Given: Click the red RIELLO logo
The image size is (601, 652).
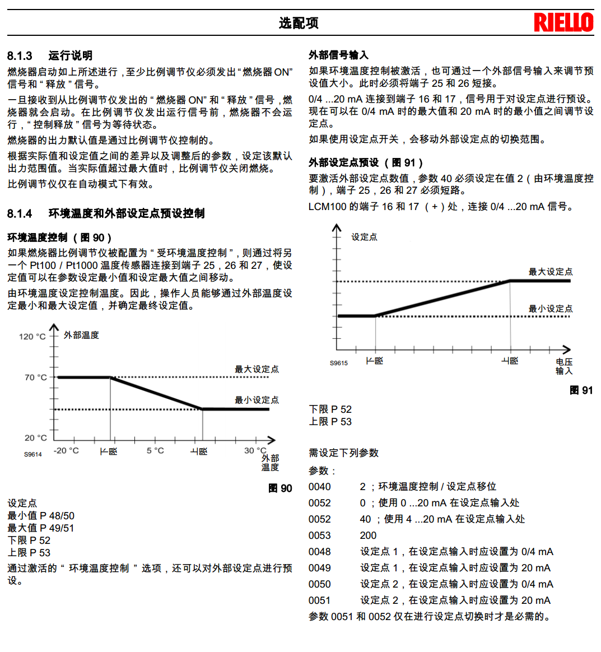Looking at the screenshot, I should (563, 22).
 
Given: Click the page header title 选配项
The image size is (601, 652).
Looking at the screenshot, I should (299, 23).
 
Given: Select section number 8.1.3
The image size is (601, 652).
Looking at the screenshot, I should (20, 56).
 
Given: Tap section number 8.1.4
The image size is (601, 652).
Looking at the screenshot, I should (20, 213).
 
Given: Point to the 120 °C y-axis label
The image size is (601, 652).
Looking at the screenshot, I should (32, 337).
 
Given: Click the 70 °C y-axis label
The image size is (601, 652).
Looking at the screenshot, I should (36, 378).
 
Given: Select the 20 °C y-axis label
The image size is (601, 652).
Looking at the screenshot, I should (36, 437).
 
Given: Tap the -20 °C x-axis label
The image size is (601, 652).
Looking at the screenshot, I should (66, 451).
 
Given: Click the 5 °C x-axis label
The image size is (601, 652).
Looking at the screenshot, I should (155, 451).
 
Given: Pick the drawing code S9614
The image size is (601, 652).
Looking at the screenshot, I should (33, 454).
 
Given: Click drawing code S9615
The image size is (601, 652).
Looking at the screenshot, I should (338, 363).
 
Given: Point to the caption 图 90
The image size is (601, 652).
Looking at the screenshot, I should (280, 488).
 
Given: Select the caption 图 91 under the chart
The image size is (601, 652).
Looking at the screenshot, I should (581, 390).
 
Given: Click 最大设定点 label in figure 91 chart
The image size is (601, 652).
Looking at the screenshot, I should (550, 272).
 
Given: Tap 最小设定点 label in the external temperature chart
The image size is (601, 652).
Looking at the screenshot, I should (257, 400).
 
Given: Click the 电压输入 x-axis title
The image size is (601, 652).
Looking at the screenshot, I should (563, 366).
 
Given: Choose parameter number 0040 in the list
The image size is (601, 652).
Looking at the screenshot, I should (319, 487).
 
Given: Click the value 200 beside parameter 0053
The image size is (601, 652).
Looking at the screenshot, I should (368, 535).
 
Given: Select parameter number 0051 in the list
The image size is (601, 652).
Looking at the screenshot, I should (319, 600).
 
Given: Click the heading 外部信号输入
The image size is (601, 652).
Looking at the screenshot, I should (338, 55).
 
